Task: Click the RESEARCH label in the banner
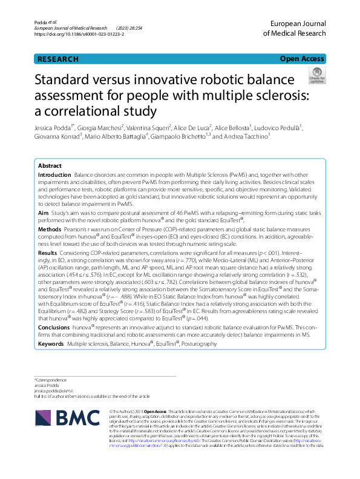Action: (x=58, y=59)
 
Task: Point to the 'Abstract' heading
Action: (x=50, y=165)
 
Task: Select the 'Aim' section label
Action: (x=43, y=214)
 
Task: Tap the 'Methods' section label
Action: (x=49, y=231)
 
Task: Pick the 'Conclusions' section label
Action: (x=54, y=326)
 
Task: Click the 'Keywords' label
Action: (x=51, y=343)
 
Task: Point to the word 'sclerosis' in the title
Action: (x=280, y=96)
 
